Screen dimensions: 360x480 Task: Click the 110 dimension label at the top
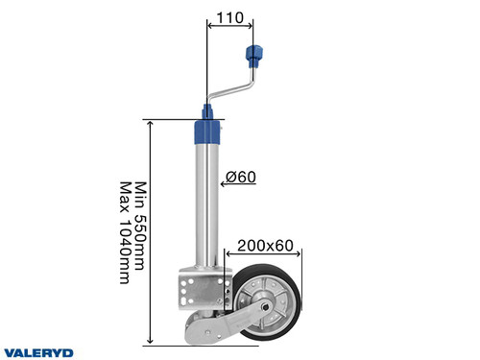(229, 17)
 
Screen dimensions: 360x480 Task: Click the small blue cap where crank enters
(207, 109)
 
